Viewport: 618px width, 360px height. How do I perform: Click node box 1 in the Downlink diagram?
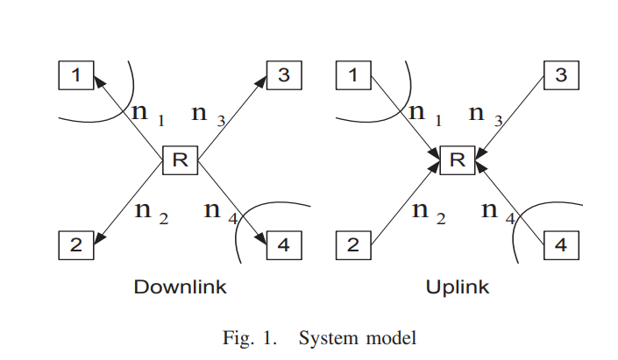(x=76, y=75)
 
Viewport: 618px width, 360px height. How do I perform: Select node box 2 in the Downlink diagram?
(x=76, y=244)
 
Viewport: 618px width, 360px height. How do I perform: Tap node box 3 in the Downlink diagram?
(x=283, y=75)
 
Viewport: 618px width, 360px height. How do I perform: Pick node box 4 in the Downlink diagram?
(x=283, y=244)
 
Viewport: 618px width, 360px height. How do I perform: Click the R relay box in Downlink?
(x=180, y=159)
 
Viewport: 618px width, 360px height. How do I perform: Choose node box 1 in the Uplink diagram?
(x=353, y=75)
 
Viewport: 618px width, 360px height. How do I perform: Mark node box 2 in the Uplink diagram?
(x=353, y=244)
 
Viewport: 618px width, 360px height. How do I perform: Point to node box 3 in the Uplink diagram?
(x=561, y=75)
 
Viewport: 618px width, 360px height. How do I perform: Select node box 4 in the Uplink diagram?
(x=561, y=244)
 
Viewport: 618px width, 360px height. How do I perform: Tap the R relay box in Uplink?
(x=457, y=159)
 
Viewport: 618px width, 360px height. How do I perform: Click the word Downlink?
(x=180, y=287)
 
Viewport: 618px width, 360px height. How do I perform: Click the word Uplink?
(x=457, y=287)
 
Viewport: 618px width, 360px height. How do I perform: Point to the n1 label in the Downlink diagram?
(x=146, y=114)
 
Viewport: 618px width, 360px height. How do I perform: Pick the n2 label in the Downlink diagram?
(x=149, y=212)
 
